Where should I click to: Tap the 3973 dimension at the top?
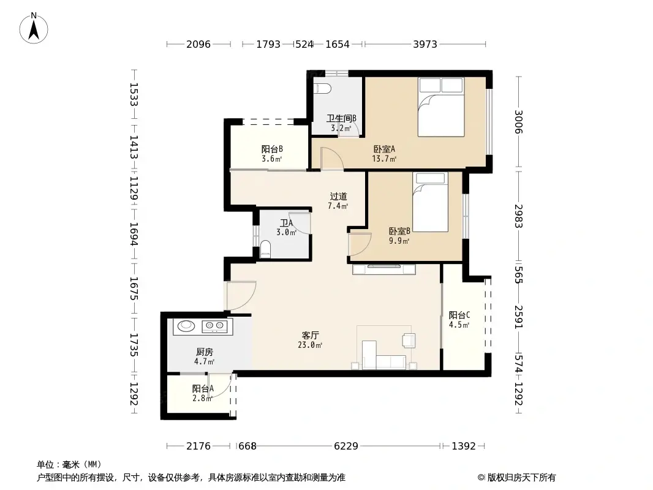point(425,44)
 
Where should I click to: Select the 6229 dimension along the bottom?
point(345,446)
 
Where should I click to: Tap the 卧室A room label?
point(384,149)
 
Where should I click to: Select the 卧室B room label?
point(399,232)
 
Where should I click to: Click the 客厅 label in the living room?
point(311,336)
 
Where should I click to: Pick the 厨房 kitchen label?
point(204,352)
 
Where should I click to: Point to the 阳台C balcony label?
point(459,315)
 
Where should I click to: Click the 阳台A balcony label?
point(202,388)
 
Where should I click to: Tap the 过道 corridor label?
point(338,197)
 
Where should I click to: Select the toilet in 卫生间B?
point(322,88)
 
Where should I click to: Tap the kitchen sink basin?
point(185,326)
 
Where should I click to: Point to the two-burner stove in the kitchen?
point(214,326)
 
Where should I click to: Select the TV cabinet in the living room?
point(384,268)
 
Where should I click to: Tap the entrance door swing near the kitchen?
point(240,296)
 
